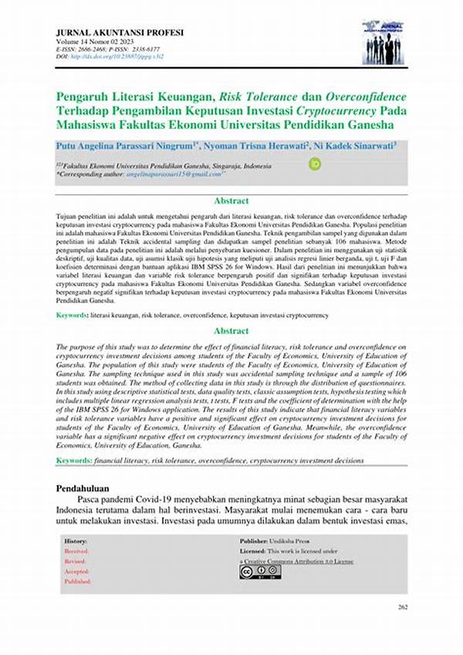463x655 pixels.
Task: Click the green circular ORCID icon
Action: (315, 164)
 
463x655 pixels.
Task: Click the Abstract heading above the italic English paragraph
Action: (231, 332)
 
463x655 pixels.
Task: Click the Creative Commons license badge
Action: (260, 572)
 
